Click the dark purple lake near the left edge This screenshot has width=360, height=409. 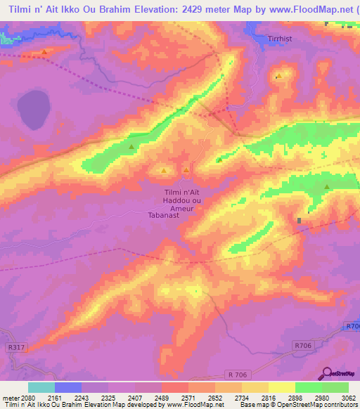coord(33,110)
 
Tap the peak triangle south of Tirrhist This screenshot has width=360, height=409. coord(278,76)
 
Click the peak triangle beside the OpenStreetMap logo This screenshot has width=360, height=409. coord(327,186)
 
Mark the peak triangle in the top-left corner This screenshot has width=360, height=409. coord(44,52)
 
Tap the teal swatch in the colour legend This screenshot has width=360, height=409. coord(41,387)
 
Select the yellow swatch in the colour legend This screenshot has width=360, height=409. coord(282,387)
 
